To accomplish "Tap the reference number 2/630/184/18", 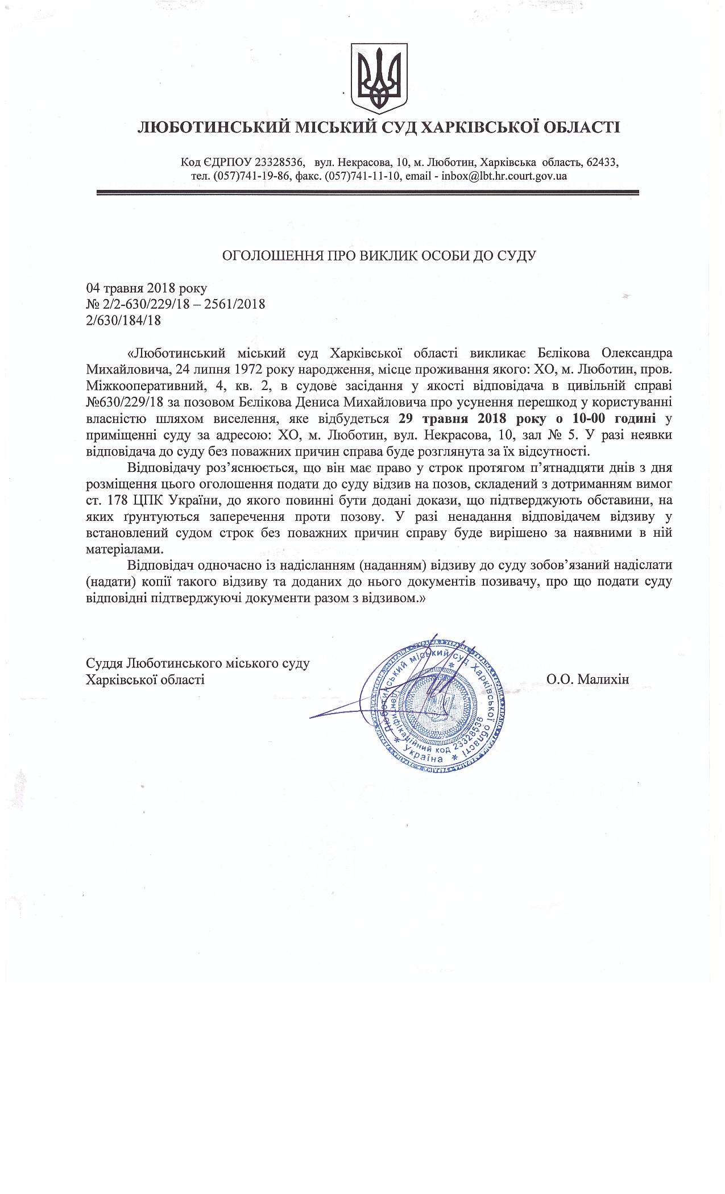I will pos(123,320).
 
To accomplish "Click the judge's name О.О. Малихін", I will pos(587,679).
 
